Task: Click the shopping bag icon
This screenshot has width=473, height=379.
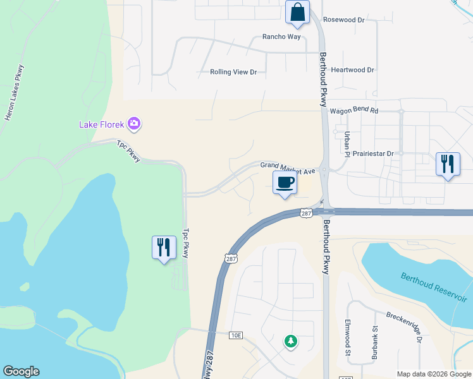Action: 297,11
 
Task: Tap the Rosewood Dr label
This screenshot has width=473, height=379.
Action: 344,20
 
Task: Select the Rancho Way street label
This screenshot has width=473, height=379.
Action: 281,37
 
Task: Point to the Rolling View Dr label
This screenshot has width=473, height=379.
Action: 233,72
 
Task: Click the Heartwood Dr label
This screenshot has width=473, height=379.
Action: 353,70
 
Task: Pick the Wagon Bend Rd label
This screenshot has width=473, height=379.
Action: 353,111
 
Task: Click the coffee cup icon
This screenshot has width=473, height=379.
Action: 285,183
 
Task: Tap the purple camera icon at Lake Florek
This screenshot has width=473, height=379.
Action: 133,124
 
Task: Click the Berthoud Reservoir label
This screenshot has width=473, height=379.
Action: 434,288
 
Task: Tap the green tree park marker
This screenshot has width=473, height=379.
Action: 291,341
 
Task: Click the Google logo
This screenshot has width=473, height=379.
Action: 21,371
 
